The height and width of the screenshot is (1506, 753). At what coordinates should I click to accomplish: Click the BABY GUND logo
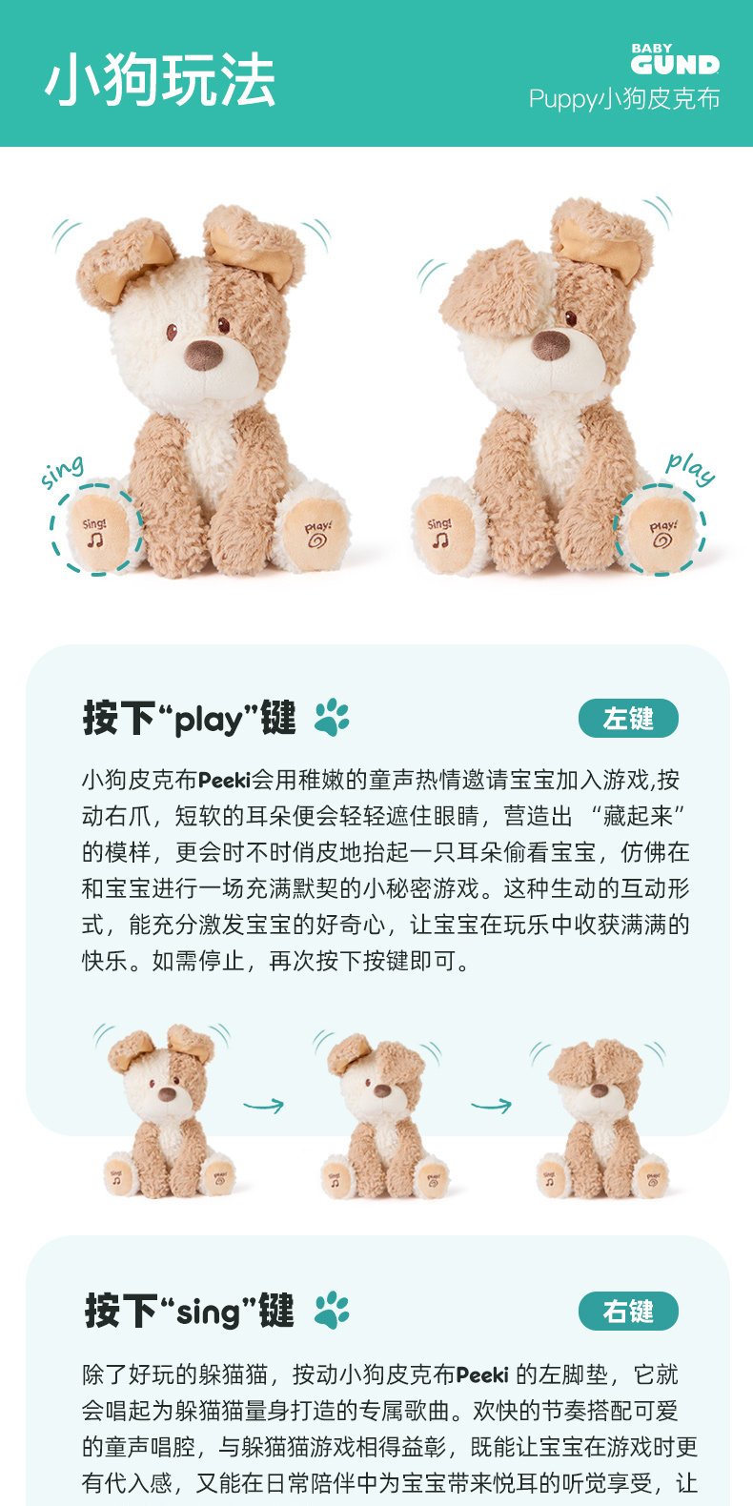[x=675, y=59]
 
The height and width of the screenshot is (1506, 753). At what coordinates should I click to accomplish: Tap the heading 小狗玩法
[x=161, y=80]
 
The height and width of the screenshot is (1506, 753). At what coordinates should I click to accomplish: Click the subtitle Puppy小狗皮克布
[x=624, y=99]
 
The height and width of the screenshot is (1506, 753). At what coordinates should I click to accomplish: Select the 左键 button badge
[x=628, y=718]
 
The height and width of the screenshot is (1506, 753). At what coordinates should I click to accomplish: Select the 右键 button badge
[x=628, y=1311]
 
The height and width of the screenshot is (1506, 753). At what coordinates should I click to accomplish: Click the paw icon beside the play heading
[x=332, y=717]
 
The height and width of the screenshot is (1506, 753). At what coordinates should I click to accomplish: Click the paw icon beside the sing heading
[x=332, y=1310]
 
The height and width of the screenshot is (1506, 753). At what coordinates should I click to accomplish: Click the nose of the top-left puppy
[x=204, y=355]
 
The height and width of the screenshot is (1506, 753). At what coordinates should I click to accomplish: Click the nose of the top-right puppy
[x=551, y=344]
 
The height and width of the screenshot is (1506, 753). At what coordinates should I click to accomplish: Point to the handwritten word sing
[x=62, y=471]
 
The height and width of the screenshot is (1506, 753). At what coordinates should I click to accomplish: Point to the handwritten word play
[x=690, y=468]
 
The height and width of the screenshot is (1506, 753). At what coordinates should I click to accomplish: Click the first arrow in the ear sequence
[x=263, y=1106]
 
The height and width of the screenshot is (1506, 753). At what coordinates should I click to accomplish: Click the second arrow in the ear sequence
[x=492, y=1106]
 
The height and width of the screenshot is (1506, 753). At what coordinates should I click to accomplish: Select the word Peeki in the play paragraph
[x=224, y=780]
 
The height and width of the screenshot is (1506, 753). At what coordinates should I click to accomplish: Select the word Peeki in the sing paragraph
[x=482, y=1374]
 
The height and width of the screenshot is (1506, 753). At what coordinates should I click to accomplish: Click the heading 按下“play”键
[x=190, y=718]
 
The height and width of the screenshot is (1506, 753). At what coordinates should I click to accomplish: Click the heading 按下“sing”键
[x=189, y=1311]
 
